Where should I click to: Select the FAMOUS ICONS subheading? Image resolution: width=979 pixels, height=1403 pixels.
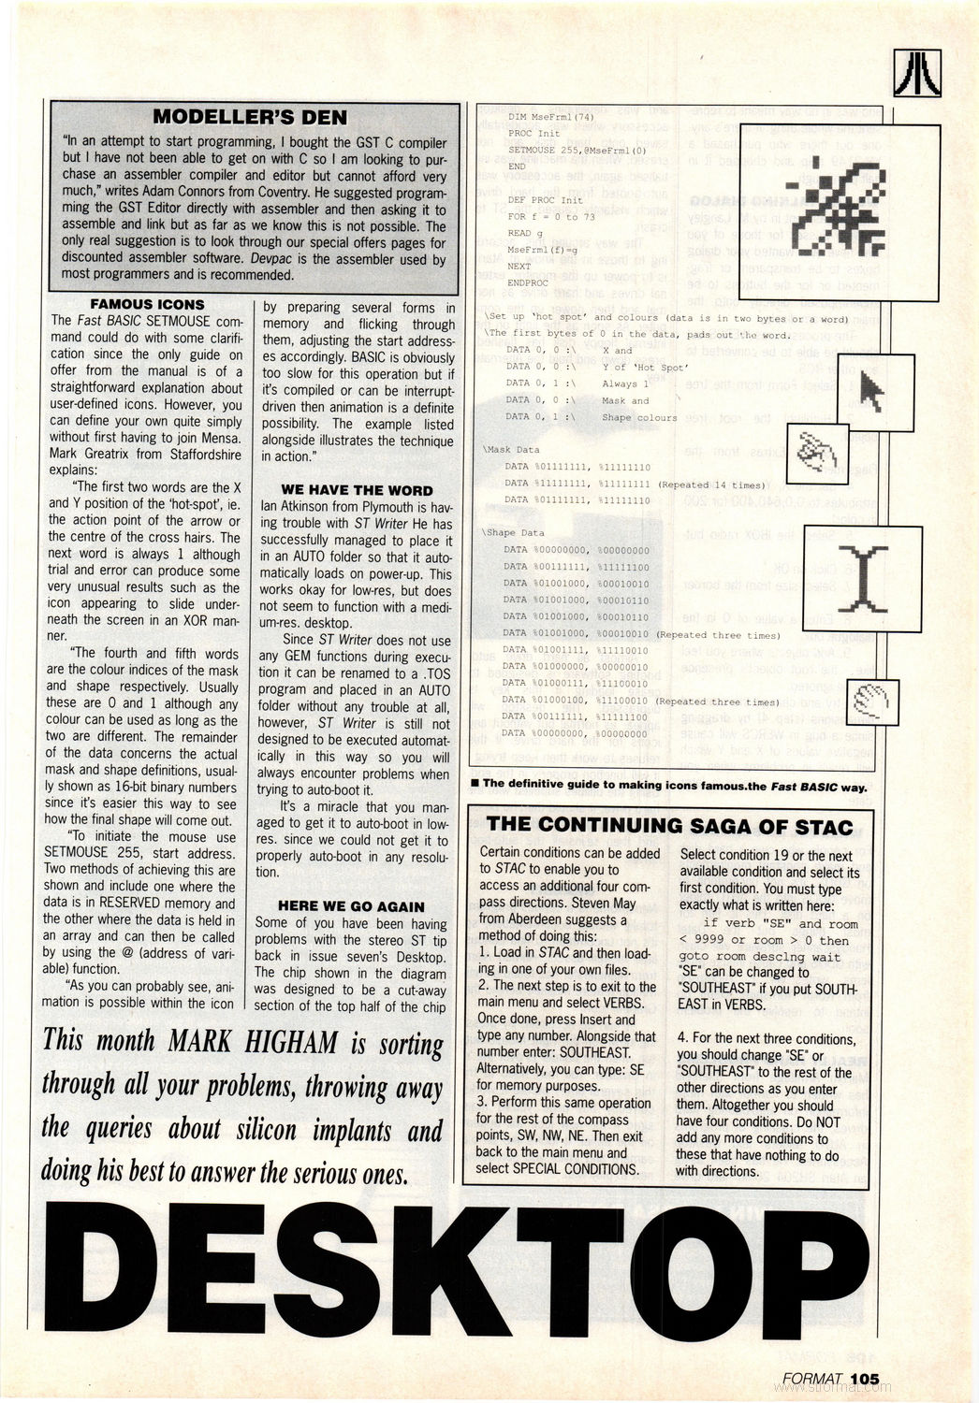(x=147, y=304)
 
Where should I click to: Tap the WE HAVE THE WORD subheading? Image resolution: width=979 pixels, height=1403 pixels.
(x=357, y=490)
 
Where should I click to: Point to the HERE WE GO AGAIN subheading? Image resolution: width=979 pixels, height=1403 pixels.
(x=351, y=906)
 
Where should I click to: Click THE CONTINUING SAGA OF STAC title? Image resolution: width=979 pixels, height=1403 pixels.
(x=670, y=826)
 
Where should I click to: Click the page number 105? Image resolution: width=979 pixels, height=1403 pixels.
(x=866, y=1378)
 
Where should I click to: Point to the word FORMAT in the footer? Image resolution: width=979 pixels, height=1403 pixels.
(x=814, y=1378)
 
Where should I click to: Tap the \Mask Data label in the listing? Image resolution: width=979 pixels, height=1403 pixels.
(x=511, y=450)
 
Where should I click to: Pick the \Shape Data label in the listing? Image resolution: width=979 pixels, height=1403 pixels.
(x=513, y=532)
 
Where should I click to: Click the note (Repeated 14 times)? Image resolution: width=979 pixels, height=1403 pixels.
(x=711, y=485)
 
